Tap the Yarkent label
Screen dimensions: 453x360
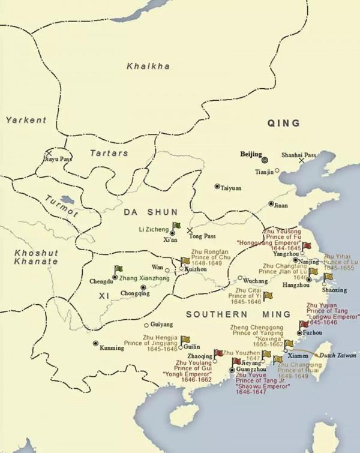click(x=26, y=120)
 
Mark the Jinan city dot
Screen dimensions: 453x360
click(x=271, y=204)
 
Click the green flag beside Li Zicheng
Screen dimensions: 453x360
click(x=177, y=226)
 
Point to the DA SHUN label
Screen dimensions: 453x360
click(x=151, y=212)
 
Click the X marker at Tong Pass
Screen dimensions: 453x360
click(x=190, y=230)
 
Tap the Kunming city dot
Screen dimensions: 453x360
click(x=95, y=343)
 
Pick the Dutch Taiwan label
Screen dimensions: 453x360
click(x=337, y=355)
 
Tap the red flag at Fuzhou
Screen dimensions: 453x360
click(x=303, y=325)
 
